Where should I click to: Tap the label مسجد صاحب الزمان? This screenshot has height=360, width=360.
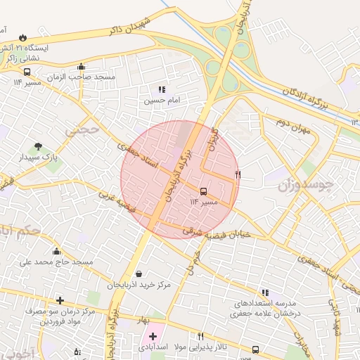[x=106, y=76]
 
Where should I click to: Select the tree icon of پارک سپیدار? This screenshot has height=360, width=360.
[x=37, y=147]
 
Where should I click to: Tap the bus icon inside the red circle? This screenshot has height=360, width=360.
[x=204, y=191]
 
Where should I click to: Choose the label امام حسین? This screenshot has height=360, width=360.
[x=163, y=101]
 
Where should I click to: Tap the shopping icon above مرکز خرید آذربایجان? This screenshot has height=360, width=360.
[x=138, y=274]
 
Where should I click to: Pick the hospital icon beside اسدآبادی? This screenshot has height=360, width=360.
[x=153, y=337]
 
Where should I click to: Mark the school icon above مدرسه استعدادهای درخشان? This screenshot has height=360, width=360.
[x=264, y=292]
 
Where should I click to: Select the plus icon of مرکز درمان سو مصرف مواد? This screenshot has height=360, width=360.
[x=60, y=300]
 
